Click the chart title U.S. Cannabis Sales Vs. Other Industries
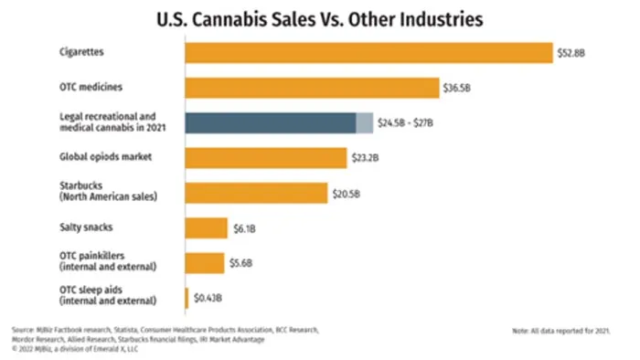(319, 17)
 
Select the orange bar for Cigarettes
(369, 53)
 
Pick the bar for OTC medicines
(312, 88)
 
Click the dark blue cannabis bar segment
(270, 123)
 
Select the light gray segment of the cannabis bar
(364, 123)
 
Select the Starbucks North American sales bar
(256, 193)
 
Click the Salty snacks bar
(206, 228)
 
